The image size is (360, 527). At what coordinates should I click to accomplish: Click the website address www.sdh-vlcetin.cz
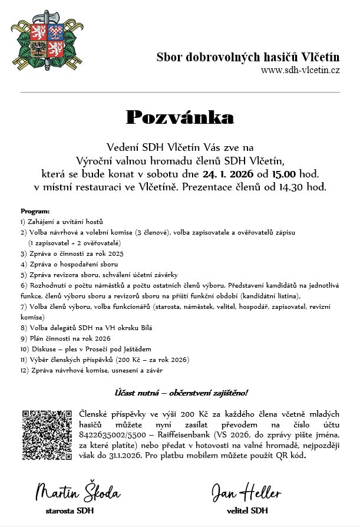click(x=300, y=70)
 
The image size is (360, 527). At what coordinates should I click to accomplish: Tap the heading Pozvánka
click(x=180, y=118)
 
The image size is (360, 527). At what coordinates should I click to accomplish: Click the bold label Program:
click(x=35, y=211)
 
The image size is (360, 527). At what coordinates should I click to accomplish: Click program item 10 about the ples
click(x=86, y=349)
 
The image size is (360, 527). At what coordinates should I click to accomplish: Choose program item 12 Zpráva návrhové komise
click(x=91, y=370)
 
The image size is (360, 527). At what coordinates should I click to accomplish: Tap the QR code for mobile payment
click(x=47, y=435)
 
